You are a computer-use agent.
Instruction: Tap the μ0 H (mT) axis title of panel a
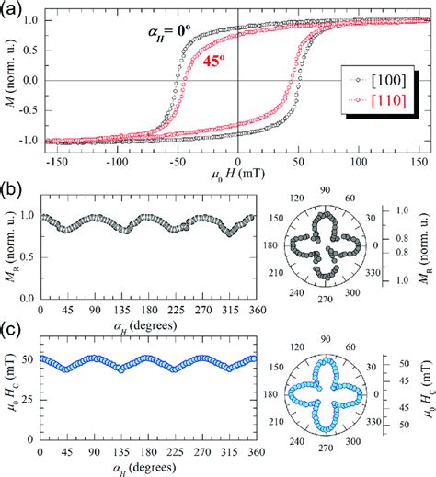[237, 176]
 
